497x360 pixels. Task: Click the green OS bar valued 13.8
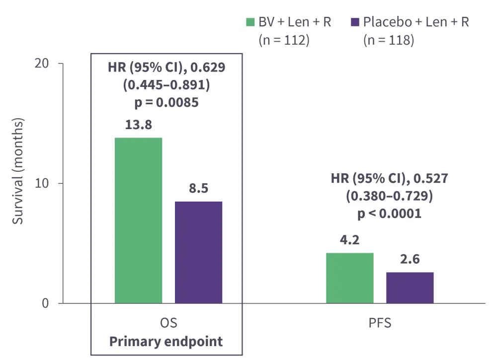[138, 220]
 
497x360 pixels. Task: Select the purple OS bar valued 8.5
[199, 252]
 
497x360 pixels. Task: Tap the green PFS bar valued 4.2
[350, 278]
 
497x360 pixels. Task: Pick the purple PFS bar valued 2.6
[410, 288]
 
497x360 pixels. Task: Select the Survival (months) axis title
[18, 171]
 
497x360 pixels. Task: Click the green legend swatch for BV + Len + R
[251, 22]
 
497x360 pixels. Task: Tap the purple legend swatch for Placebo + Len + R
[355, 22]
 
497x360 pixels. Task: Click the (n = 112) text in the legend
[284, 40]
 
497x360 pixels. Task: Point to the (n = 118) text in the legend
[389, 40]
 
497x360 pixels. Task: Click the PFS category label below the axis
[380, 323]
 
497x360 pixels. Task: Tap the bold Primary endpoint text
[166, 342]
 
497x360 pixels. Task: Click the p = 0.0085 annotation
[166, 103]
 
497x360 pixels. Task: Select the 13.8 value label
[139, 125]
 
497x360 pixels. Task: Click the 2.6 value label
[410, 260]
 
